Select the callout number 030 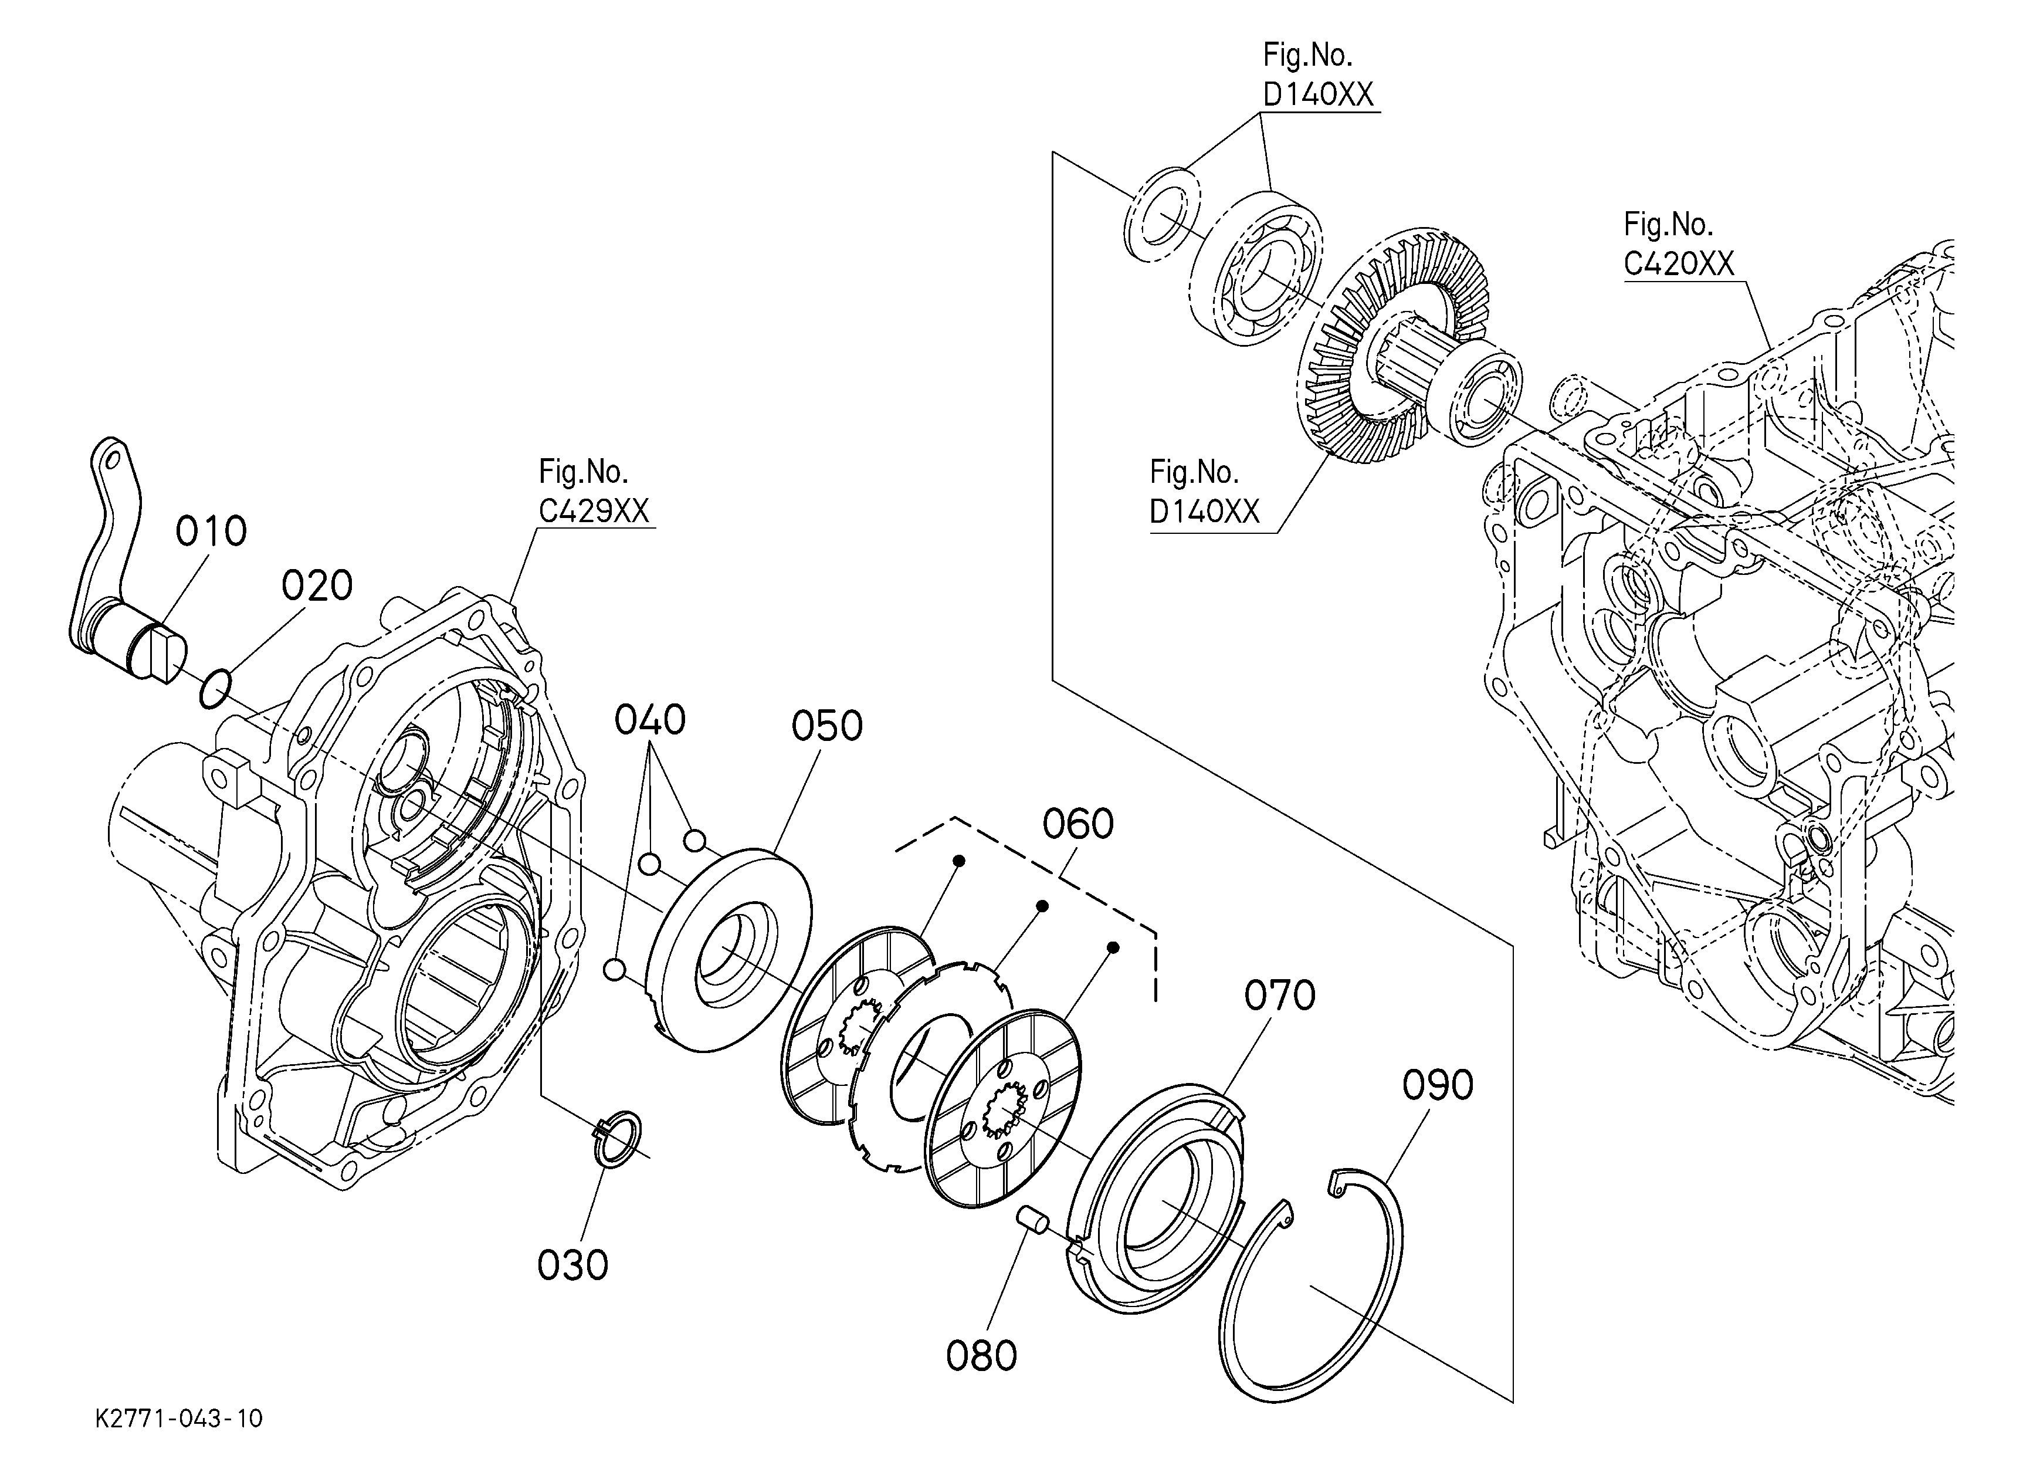coord(572,1265)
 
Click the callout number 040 coord(649,720)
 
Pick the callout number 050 coord(827,726)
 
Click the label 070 coord(1280,996)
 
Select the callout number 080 coord(981,1356)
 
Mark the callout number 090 coord(1438,1085)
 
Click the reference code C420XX coord(1679,264)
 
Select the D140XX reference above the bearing coord(1319,94)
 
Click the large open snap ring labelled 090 coord(1311,1284)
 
